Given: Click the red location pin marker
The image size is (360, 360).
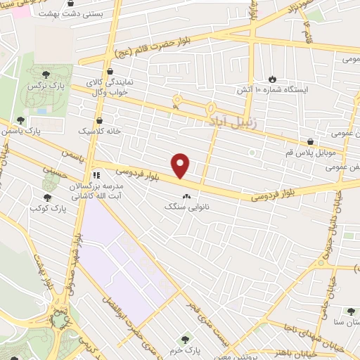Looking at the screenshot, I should coord(181,165).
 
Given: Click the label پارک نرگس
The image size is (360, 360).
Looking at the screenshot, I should coord(41,85).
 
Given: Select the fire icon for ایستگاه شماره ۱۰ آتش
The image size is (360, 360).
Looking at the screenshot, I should coord(273,79).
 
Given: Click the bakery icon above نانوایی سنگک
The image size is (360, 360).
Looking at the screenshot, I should coord(186,196).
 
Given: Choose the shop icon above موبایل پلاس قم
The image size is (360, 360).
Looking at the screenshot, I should coord(311,141).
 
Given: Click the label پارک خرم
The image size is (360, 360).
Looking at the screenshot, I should coord(186,349).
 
